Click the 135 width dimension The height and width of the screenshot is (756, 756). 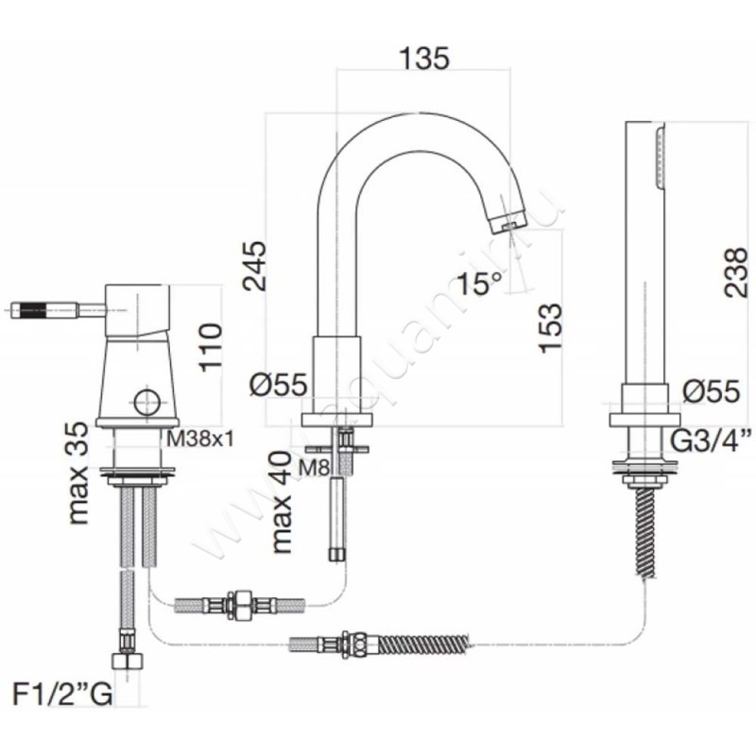pos(424,58)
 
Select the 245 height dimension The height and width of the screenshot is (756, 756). pos(255,266)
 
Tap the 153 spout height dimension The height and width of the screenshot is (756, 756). pos(551,328)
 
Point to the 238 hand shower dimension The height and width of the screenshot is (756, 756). pos(739,272)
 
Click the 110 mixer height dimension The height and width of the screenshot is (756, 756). pos(211,347)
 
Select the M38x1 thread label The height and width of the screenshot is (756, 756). pos(200,438)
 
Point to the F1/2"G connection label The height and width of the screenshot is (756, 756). pos(62,695)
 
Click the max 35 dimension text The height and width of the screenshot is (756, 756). pos(78,473)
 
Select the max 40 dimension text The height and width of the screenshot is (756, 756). pos(282,502)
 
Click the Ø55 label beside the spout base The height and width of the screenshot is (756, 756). pos(279,385)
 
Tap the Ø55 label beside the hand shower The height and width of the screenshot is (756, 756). pos(712,390)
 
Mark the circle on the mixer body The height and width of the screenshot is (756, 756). pos(147,402)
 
